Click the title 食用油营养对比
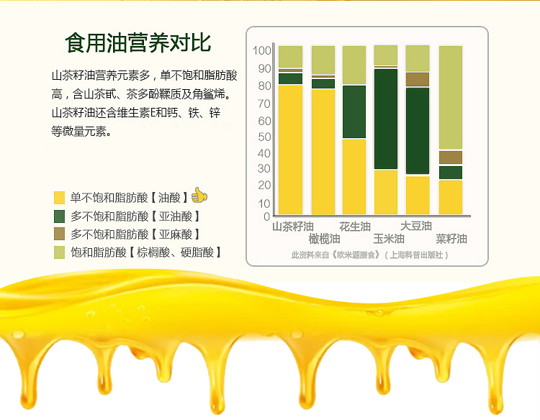pos(138,43)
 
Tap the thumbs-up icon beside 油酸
pos(199,195)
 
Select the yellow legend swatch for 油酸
pos(59,198)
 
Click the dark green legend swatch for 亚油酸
pos(59,216)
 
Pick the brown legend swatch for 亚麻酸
pos(59,234)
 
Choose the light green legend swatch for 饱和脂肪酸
pos(59,252)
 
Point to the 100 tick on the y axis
pos(262,50)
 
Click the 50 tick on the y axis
pos(264,137)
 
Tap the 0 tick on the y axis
pos(266,216)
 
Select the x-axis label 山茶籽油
pos(293,227)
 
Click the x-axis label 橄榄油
pos(324,239)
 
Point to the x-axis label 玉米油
pos(389,239)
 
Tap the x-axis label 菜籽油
pos(451,239)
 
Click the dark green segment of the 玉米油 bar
pos(386,119)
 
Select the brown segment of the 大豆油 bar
pos(418,79)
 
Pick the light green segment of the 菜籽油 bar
pos(451,97)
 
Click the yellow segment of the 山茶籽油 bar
pos(290,150)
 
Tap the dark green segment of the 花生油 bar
pos(354,111)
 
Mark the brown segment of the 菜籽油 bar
pos(451,157)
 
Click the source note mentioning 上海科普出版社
pos(369,255)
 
